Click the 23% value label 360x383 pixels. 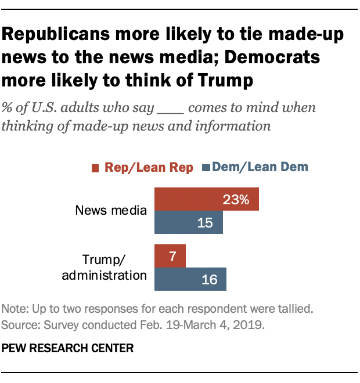tap(236, 200)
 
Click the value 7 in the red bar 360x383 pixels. tap(174, 256)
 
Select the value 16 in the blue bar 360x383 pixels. tap(209, 279)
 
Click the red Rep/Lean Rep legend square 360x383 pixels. tap(95, 168)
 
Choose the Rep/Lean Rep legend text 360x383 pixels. tap(149, 168)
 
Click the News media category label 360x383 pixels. tap(111, 210)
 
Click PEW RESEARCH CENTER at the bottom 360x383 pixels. tap(69, 349)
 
